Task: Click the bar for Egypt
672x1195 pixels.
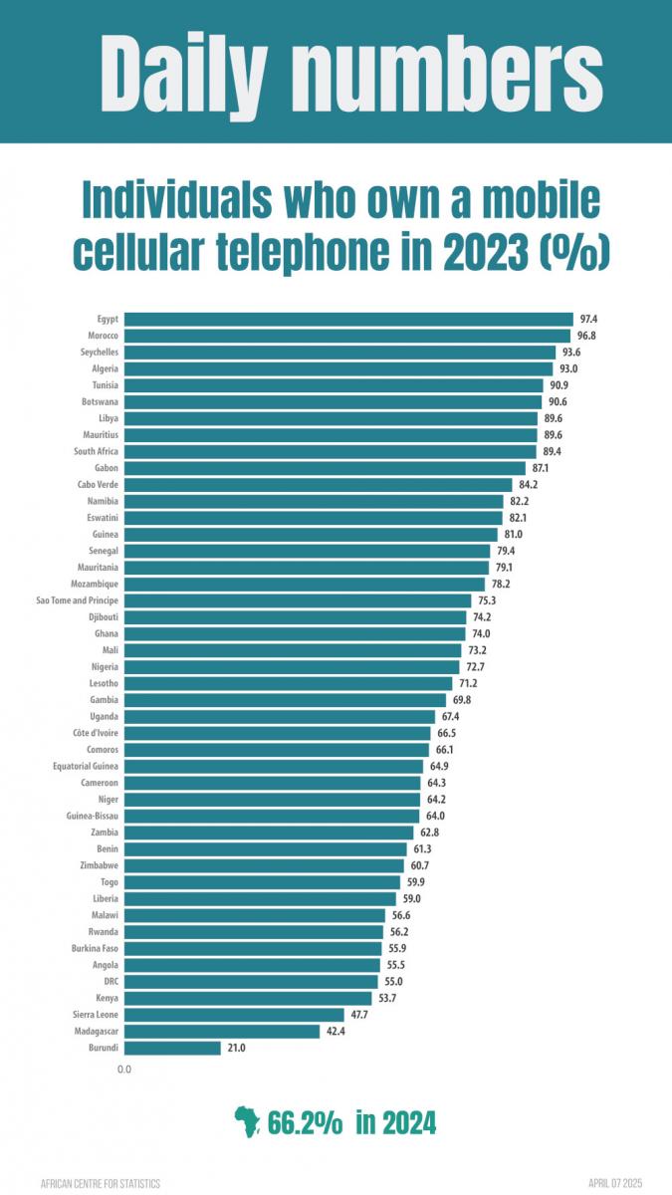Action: coord(348,319)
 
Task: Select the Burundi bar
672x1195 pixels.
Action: coord(172,1048)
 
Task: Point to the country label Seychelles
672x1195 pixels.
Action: coord(100,353)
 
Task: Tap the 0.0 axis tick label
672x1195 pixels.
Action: coord(124,1070)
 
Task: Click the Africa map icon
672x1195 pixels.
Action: coord(247,1122)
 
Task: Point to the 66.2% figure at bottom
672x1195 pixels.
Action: coord(306,1123)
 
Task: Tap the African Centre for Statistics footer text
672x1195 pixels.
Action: coord(101,1184)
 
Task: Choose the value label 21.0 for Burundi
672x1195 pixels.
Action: coord(236,1048)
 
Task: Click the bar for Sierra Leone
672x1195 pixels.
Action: coord(235,1015)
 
